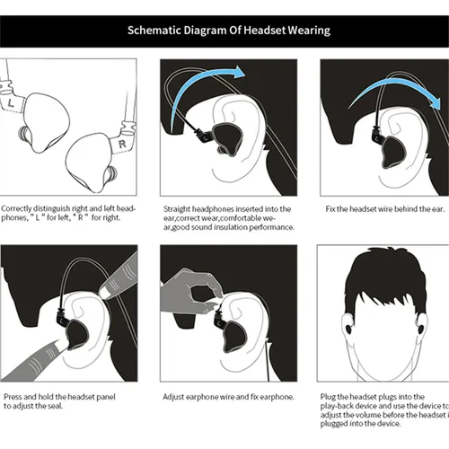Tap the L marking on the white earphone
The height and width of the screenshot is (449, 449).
tap(11, 103)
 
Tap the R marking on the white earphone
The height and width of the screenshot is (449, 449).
tap(122, 145)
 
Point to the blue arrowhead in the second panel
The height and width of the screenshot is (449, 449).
tap(239, 72)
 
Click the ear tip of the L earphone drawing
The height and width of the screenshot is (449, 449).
tap(23, 134)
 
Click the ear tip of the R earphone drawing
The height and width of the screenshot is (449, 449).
tap(111, 174)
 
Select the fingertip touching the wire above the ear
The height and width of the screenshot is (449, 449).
tap(104, 293)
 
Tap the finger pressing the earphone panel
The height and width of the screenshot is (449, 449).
tap(45, 357)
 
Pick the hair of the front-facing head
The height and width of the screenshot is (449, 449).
tap(385, 280)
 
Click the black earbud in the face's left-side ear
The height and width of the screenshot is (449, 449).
tap(348, 329)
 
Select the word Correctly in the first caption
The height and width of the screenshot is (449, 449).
tap(16, 208)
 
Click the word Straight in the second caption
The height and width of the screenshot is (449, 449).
tap(177, 209)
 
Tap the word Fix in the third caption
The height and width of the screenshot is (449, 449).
tap(330, 209)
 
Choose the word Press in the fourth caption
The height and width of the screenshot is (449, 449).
tap(13, 397)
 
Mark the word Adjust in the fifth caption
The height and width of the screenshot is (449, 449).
tap(173, 397)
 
